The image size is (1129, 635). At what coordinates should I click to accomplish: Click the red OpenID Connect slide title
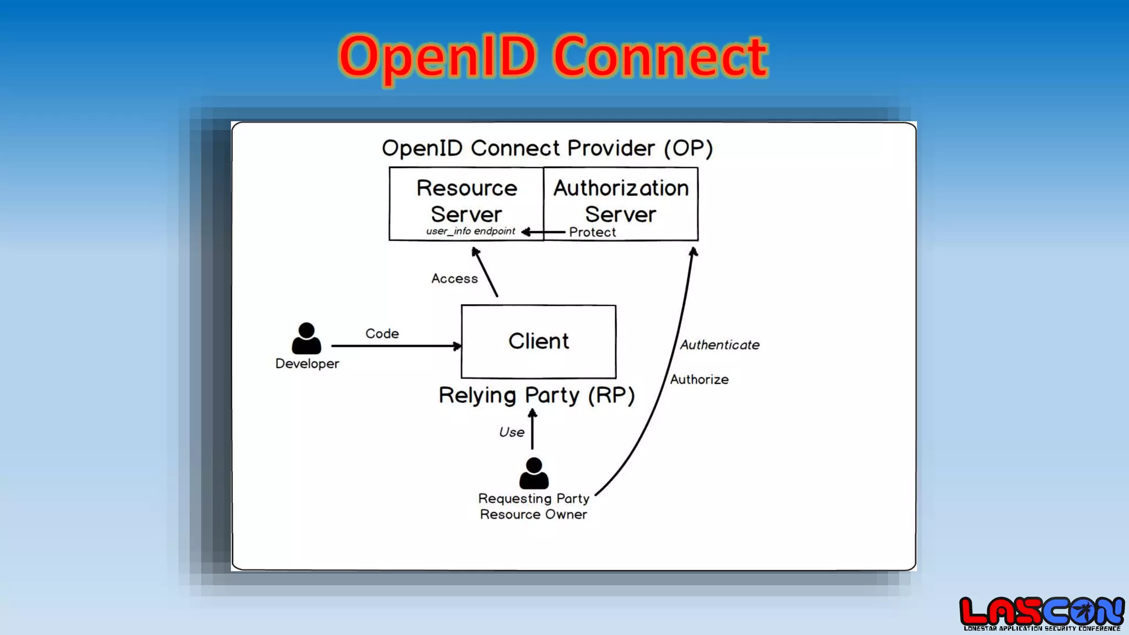553,56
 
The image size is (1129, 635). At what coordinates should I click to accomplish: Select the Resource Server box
466,202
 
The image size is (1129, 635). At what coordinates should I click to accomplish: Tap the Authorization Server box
621,202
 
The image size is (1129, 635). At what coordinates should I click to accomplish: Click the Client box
539,341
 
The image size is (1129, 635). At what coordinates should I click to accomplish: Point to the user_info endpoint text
470,232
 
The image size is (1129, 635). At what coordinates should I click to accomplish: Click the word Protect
593,233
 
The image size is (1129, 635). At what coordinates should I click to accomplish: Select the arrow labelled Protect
544,232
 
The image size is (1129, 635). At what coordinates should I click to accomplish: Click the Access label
454,279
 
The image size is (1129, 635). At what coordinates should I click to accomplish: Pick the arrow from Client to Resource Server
486,272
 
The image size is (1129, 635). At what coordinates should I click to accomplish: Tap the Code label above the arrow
382,334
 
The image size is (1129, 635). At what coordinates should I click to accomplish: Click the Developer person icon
307,338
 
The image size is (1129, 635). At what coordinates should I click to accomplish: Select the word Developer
307,364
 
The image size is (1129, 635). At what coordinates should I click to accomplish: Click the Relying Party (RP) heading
536,395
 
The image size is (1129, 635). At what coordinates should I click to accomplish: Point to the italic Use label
512,433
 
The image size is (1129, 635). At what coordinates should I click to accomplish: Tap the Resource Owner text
533,514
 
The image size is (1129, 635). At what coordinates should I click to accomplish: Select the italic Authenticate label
719,345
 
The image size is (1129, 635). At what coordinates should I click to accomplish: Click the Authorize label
699,380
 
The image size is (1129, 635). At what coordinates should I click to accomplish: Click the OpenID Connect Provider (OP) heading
547,148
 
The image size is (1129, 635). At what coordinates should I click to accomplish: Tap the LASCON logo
1041,614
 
